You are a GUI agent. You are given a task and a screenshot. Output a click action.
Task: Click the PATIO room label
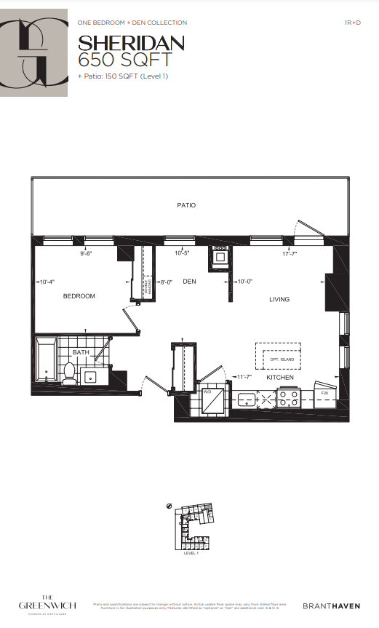click(x=186, y=205)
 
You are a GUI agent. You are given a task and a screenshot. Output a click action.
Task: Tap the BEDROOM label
click(x=79, y=296)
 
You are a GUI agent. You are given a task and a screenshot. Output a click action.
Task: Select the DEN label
click(x=190, y=282)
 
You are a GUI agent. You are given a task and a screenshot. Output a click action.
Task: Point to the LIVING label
click(x=279, y=299)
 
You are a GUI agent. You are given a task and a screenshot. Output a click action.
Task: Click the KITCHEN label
click(x=280, y=378)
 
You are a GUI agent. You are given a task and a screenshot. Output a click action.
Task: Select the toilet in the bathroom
click(x=70, y=373)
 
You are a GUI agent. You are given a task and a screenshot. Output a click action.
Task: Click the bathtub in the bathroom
click(x=47, y=361)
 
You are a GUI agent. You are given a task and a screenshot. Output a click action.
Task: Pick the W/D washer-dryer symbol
click(x=212, y=398)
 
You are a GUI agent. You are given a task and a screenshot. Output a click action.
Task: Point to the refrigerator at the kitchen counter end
click(x=324, y=397)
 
